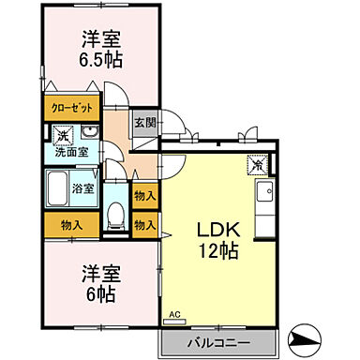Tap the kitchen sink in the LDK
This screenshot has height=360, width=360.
pyautogui.click(x=263, y=195)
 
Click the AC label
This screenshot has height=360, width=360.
pyautogui.click(x=174, y=316)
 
